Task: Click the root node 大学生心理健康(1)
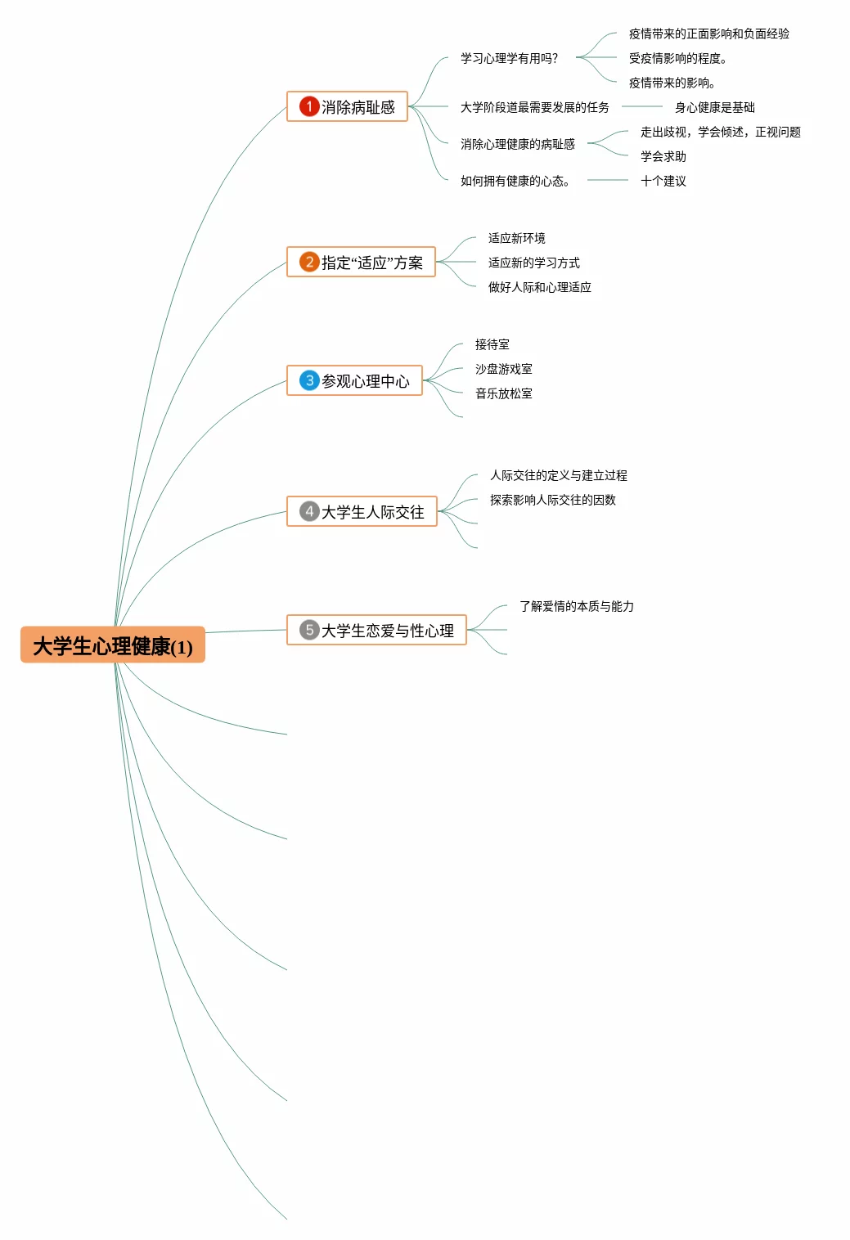[x=113, y=646]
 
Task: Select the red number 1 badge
[x=308, y=106]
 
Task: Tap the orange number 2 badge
[x=308, y=262]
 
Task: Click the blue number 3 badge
[x=308, y=380]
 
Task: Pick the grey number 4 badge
[x=308, y=511]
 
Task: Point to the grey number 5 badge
[x=308, y=630]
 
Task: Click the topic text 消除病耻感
[x=358, y=107]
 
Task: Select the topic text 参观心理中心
[x=366, y=381]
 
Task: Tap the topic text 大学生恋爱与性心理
[x=388, y=631]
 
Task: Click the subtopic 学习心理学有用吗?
[x=509, y=58]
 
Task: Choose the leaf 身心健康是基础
[x=714, y=107]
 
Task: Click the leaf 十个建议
[x=663, y=181]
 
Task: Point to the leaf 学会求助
[x=663, y=156]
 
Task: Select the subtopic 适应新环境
[x=516, y=238]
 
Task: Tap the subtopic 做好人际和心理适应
[x=539, y=287]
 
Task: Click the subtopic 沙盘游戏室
[x=503, y=369]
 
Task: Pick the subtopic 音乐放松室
[x=503, y=393]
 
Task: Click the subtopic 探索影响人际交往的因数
[x=552, y=500]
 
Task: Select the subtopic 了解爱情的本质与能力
[x=576, y=606]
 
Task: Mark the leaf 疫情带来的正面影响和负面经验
[x=708, y=34]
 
